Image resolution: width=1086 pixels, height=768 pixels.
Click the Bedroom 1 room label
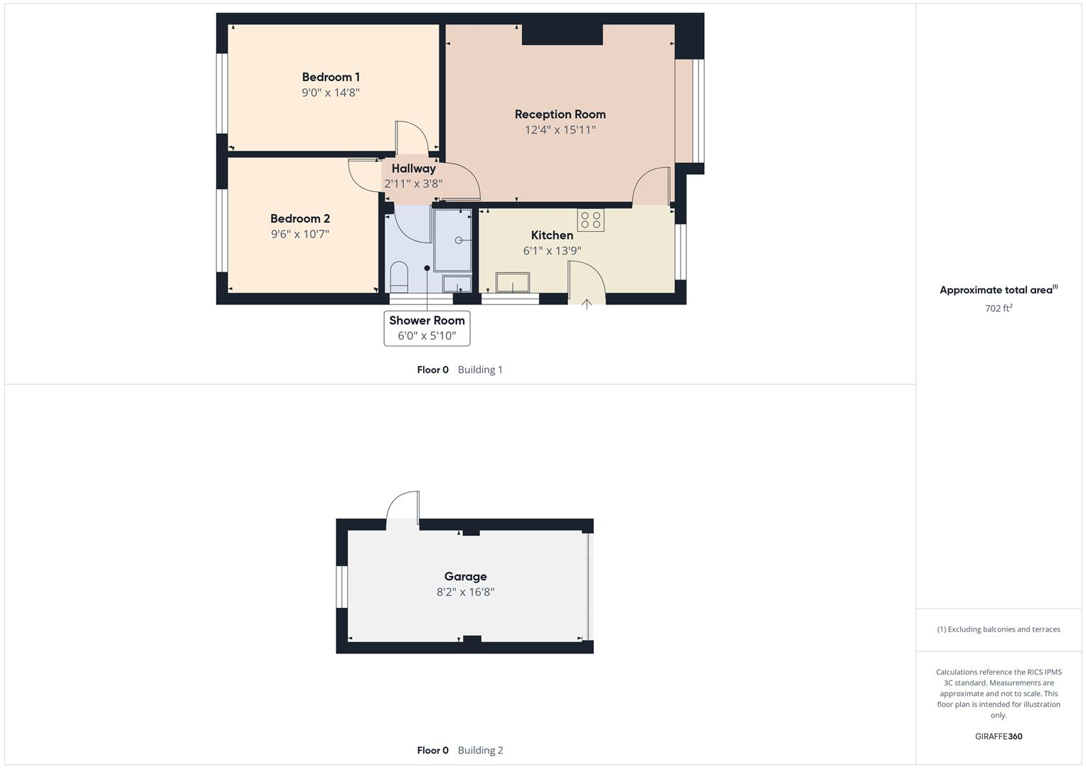(331, 77)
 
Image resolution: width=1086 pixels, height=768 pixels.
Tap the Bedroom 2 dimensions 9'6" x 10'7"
(299, 234)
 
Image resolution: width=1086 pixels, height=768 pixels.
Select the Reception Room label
(560, 114)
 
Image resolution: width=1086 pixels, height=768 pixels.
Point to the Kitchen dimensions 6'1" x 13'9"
(552, 250)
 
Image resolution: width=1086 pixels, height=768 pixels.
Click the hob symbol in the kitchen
(590, 220)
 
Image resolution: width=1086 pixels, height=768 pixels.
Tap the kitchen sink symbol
(513, 282)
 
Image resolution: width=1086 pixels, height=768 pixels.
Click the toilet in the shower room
(398, 277)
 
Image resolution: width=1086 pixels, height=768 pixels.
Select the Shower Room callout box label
(427, 321)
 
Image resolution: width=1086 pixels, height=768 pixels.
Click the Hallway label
(413, 169)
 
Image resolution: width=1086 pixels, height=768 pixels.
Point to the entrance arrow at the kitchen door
(587, 304)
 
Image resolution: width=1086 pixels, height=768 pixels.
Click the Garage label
(465, 577)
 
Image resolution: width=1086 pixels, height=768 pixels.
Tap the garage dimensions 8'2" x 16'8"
(465, 592)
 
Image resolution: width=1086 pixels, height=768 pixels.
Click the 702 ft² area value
(999, 308)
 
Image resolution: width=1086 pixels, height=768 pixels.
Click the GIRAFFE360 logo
(999, 737)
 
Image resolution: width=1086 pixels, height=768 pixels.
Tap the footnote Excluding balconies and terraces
(999, 629)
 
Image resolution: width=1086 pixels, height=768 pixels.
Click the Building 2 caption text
(480, 750)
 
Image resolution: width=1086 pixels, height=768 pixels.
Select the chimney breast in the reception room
(562, 35)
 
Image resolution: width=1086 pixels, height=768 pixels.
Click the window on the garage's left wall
(341, 587)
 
